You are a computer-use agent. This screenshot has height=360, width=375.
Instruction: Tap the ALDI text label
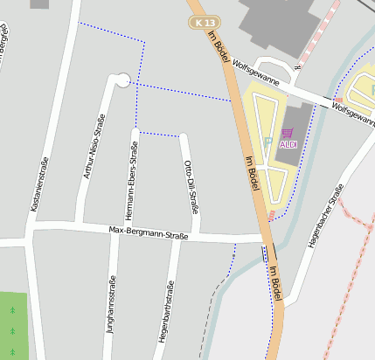288,144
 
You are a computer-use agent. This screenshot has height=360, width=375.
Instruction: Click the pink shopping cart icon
287,133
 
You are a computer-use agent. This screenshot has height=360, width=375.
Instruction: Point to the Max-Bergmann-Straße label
149,232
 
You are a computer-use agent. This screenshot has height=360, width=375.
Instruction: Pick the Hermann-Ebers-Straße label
132,180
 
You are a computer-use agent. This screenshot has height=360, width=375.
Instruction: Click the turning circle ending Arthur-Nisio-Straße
122,80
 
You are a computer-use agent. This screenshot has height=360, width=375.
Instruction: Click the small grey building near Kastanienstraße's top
40,3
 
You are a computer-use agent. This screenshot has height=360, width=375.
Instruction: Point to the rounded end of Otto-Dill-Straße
184,136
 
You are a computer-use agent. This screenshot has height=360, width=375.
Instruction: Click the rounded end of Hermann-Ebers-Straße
135,132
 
